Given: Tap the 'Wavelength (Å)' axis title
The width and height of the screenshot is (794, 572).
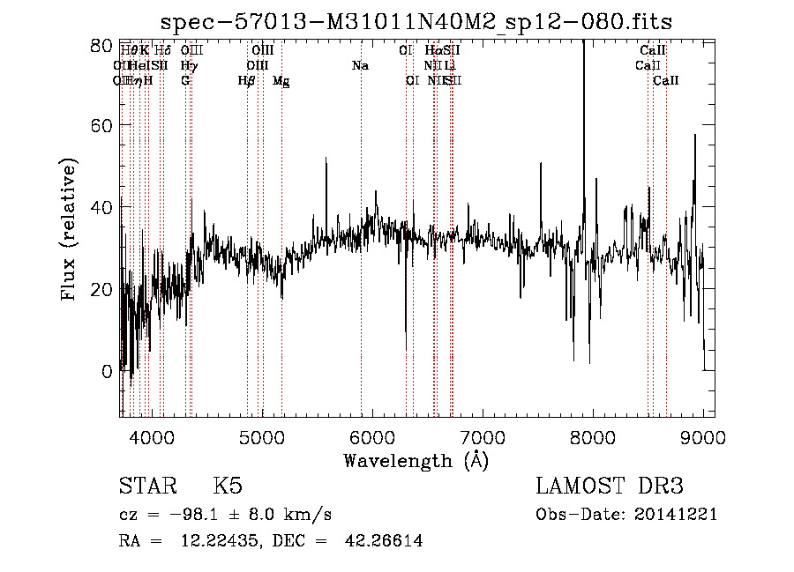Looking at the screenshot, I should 416,460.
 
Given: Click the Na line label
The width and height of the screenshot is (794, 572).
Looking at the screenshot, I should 360,66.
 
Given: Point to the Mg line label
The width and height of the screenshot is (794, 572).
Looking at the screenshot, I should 281,81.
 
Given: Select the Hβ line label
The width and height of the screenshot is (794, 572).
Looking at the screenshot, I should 247,81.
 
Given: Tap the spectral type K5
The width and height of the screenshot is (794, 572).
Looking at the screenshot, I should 227,487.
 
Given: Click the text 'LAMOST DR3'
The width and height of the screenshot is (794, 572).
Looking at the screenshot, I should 609,487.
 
